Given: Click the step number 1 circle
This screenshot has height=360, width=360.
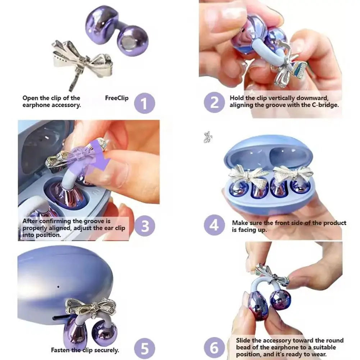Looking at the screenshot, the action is [x=145, y=103].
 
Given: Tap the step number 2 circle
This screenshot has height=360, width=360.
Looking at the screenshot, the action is [x=214, y=102].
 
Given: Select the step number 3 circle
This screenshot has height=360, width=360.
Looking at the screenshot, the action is [x=145, y=226].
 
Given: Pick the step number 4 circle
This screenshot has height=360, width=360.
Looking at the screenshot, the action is [x=214, y=225].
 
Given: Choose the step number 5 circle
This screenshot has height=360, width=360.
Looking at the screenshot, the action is [x=145, y=348].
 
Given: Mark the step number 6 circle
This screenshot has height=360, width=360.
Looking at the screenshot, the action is [x=214, y=348].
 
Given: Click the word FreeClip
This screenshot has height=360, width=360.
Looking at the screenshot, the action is [x=117, y=98].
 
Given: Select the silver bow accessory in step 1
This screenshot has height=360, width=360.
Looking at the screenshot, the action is [x=82, y=61].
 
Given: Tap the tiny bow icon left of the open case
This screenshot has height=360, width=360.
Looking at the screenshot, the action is [x=208, y=137].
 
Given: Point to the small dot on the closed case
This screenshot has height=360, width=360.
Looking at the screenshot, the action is [x=58, y=287].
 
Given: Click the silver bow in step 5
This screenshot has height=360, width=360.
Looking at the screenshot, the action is [x=91, y=307].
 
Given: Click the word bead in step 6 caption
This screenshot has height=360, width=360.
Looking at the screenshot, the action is [x=243, y=347].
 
